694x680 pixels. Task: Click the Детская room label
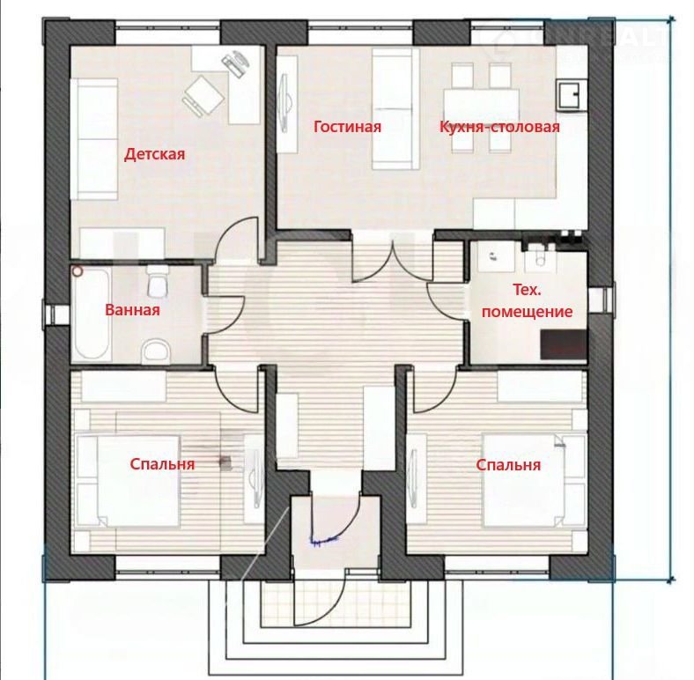click(154, 154)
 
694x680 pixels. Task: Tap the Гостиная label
click(348, 127)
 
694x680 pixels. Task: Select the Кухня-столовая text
click(499, 127)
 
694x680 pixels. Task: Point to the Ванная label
click(132, 309)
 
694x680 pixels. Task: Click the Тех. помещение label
click(528, 301)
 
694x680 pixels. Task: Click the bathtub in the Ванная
click(92, 313)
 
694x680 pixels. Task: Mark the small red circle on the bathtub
click(78, 271)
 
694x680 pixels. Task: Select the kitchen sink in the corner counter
click(571, 94)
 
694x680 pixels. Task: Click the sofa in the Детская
click(94, 138)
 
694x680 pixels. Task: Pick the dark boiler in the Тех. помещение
click(564, 344)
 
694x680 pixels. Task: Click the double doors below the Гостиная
click(393, 259)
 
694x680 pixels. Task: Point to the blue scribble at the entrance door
click(325, 540)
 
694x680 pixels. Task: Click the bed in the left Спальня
click(129, 481)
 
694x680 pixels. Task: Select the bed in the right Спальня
click(535, 480)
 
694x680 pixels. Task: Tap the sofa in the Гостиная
click(395, 109)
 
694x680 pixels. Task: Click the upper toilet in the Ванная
click(157, 282)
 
